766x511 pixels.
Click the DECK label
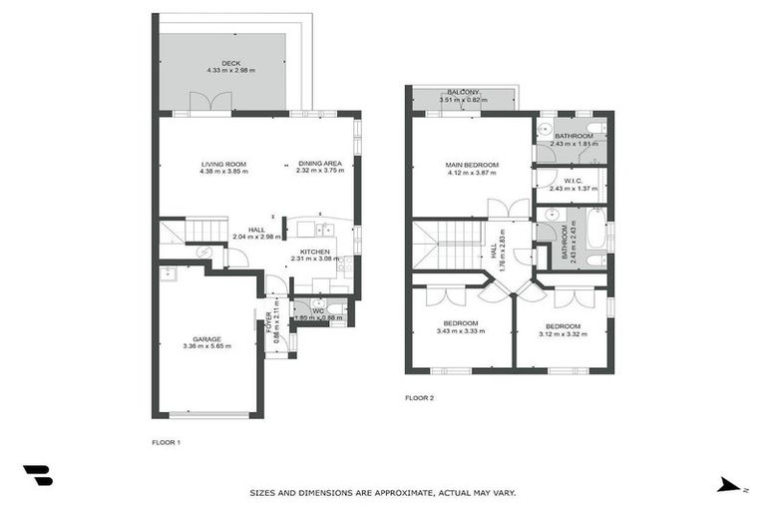point(231,63)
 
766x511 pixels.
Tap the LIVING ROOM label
point(223,164)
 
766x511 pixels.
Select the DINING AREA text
point(319,164)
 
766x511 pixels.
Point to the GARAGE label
point(207,338)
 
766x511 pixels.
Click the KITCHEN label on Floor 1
point(315,252)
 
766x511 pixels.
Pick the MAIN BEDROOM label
point(473,165)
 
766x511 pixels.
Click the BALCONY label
point(464,92)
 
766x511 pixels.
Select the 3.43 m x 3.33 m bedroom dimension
point(460,331)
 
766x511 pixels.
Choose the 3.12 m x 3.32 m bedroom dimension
point(563,334)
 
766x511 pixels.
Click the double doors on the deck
point(207,103)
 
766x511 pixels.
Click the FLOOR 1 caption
point(166,441)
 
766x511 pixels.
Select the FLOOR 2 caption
point(419,397)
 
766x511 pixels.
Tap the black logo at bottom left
point(38,476)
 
